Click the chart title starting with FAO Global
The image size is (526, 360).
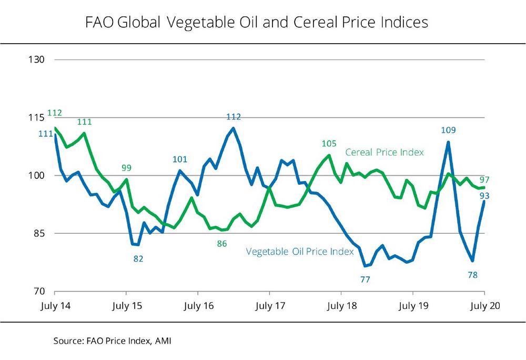click(257, 23)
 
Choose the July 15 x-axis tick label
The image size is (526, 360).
click(126, 305)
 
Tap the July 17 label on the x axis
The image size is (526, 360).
click(270, 305)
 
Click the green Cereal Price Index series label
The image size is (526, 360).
click(385, 152)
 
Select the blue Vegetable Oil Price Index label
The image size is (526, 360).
click(299, 252)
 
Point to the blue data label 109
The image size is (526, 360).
click(449, 130)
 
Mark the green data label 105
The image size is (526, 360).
click(329, 143)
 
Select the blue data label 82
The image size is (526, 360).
click(138, 258)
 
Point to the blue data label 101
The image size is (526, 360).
click(180, 159)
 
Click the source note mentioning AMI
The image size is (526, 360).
click(113, 341)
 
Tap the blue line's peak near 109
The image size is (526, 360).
click(448, 142)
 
